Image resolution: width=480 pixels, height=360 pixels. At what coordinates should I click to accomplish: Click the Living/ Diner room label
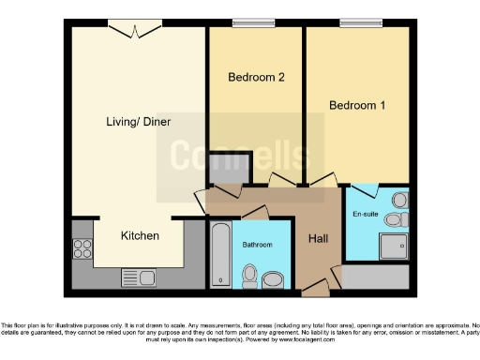(132, 122)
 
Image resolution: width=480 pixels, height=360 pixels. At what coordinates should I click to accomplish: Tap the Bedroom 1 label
(357, 105)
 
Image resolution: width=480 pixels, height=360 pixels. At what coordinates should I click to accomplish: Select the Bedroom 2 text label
(256, 77)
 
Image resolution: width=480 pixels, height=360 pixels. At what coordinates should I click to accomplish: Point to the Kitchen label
(140, 235)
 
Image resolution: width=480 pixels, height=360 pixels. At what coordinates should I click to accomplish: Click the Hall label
(318, 238)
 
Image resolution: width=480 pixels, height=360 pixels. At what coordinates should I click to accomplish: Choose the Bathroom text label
(257, 245)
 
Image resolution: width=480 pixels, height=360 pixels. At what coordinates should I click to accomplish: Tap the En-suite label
(365, 215)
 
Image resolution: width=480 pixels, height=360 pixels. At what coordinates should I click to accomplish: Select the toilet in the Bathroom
(249, 274)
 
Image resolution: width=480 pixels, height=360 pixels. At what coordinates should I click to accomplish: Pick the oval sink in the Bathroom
(275, 278)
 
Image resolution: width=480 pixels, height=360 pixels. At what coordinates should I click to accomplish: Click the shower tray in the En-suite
(393, 246)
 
